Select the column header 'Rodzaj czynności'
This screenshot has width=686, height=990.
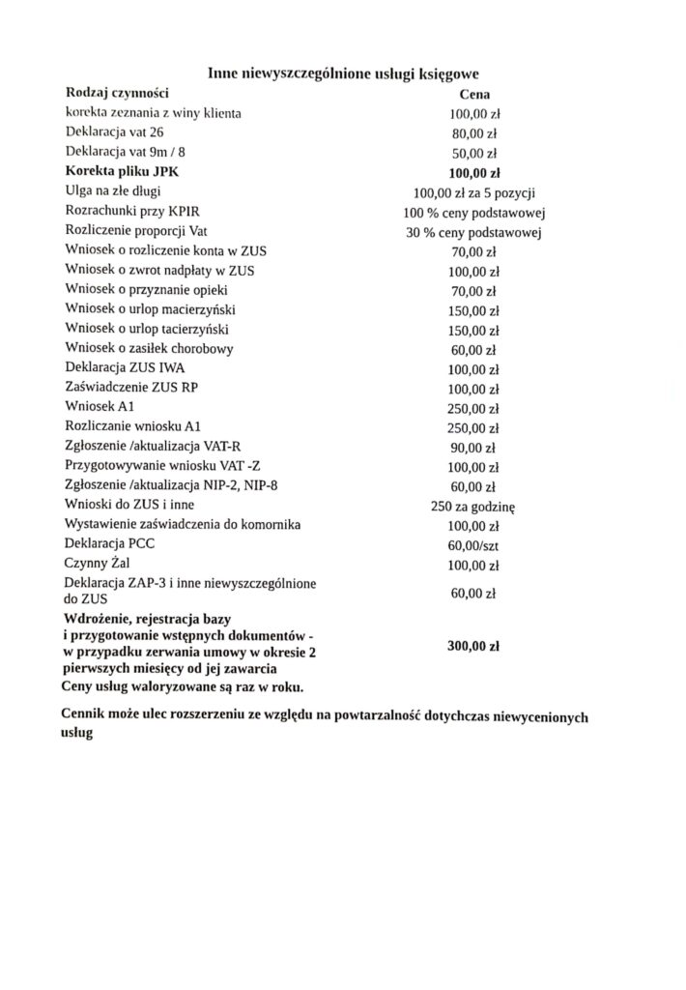[118, 93]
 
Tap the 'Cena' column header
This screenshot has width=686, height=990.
[474, 95]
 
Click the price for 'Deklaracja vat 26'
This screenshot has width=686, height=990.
[474, 133]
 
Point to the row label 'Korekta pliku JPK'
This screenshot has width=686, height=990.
[122, 171]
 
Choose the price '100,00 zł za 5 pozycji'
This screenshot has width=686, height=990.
[474, 192]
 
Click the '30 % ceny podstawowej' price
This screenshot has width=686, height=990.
[474, 232]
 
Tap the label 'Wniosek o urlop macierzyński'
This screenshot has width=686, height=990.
[150, 309]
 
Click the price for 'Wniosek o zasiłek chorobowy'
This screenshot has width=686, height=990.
[474, 350]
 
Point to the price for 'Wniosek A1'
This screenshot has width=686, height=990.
[474, 409]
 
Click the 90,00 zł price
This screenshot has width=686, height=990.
[474, 449]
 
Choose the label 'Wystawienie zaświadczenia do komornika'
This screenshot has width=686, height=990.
[183, 524]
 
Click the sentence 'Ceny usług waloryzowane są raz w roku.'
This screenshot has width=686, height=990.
[181, 687]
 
